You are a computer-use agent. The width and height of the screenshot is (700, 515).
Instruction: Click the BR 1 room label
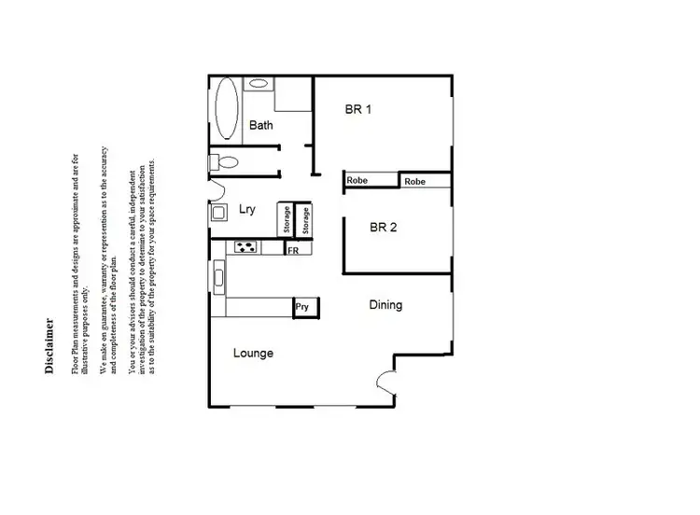358,109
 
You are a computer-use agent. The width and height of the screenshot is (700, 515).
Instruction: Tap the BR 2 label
384,226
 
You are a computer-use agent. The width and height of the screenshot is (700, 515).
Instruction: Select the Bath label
261,125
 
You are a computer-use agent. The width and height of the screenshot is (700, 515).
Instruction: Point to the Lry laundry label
247,210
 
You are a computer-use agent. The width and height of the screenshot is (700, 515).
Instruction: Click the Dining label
385,305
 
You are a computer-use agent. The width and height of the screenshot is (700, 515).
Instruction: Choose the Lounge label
253,354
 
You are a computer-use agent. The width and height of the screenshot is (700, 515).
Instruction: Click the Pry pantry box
302,306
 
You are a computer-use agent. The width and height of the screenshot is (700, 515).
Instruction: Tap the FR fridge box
293,250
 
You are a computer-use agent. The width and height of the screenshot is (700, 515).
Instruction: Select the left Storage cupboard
287,220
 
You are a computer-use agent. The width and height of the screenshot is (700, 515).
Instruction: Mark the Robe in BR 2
415,181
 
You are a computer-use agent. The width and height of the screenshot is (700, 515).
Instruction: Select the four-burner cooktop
246,247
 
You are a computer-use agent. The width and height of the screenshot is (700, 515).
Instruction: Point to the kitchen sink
218,275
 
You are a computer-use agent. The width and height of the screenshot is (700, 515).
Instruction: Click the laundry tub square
218,213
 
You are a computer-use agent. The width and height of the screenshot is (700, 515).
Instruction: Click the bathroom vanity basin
258,84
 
